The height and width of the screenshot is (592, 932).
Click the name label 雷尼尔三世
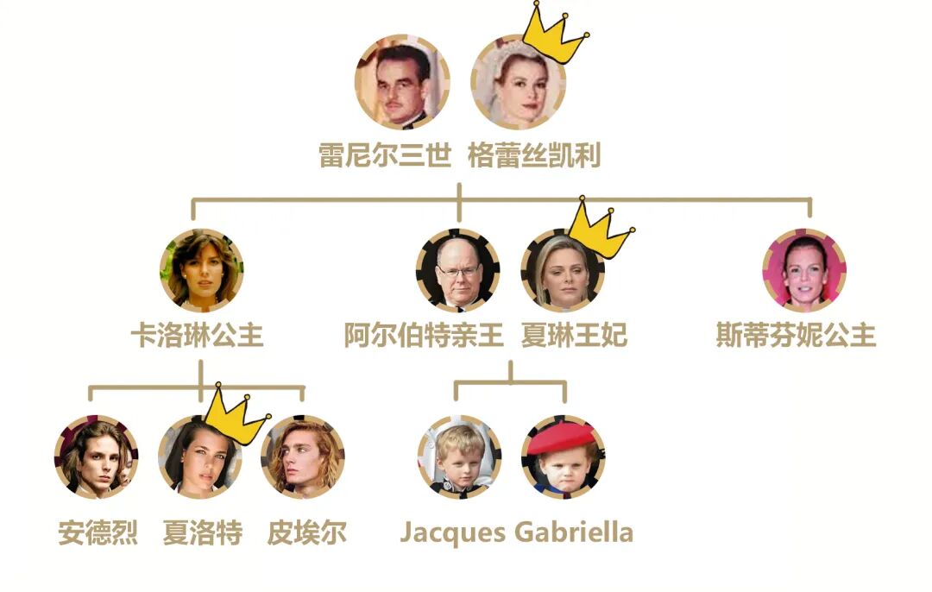click(x=385, y=156)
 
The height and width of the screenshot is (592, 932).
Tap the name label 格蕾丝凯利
click(x=534, y=156)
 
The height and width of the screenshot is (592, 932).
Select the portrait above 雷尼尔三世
click(x=402, y=82)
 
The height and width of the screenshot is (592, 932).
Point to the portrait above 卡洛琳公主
click(x=202, y=269)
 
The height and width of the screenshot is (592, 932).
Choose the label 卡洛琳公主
click(x=197, y=335)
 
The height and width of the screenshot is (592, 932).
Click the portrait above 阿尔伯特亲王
click(x=458, y=270)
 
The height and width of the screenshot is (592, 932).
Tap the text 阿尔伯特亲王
click(x=424, y=335)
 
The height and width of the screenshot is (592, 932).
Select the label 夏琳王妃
click(x=574, y=335)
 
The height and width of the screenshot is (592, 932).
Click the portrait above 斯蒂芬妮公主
click(x=804, y=270)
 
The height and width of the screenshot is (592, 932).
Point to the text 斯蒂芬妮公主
click(x=796, y=335)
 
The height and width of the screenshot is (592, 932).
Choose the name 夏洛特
click(x=203, y=532)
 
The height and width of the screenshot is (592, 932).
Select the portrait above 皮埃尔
click(x=303, y=457)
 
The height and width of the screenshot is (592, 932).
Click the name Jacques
click(x=453, y=532)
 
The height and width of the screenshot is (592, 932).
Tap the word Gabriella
click(x=574, y=532)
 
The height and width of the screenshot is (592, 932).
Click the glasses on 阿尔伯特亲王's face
click(x=458, y=271)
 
